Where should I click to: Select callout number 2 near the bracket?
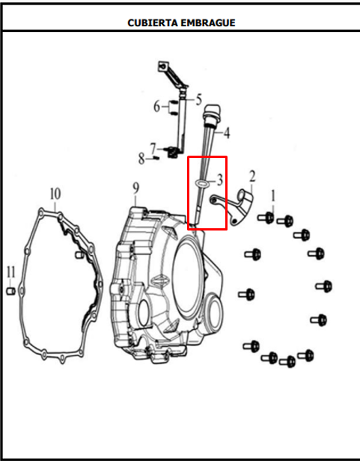(x=252, y=177)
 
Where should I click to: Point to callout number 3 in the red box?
(x=219, y=180)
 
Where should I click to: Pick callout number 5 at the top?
(x=199, y=98)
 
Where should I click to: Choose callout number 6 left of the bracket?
(x=157, y=106)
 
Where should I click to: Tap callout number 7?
(x=153, y=147)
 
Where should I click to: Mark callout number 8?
(x=141, y=158)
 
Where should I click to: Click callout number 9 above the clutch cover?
(x=135, y=188)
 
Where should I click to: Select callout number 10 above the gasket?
(x=54, y=192)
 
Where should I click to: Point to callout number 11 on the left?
(x=10, y=271)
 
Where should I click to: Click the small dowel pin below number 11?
(x=11, y=290)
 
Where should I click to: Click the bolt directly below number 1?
(x=267, y=218)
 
